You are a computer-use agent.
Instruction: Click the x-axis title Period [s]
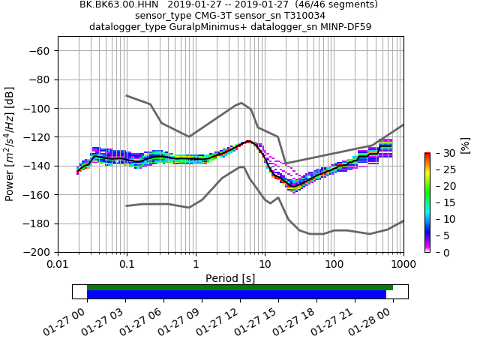click(230, 278)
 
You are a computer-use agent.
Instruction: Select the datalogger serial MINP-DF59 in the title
click(346, 27)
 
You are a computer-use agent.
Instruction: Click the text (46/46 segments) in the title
click(315, 4)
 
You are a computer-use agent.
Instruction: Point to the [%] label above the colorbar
click(466, 144)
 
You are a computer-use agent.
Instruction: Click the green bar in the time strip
click(240, 287)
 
